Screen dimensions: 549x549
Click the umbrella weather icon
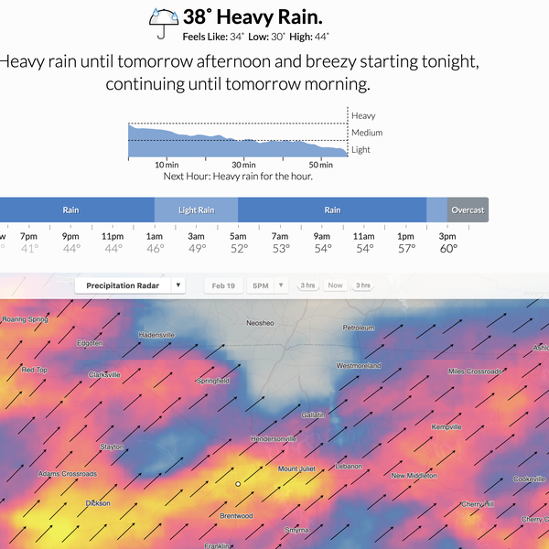pyautogui.click(x=165, y=22)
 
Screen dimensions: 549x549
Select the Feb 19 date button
pyautogui.click(x=223, y=285)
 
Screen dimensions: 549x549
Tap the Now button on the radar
pyautogui.click(x=335, y=285)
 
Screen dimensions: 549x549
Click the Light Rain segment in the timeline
pyautogui.click(x=196, y=210)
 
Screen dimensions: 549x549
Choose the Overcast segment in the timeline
pyautogui.click(x=468, y=210)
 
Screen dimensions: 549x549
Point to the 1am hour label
pyautogui.click(x=155, y=235)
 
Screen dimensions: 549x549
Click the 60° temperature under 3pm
pyautogui.click(x=448, y=248)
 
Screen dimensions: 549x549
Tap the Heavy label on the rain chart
pyautogui.click(x=363, y=116)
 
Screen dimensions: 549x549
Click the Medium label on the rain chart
pyautogui.click(x=367, y=133)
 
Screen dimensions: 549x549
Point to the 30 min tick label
pyautogui.click(x=242, y=165)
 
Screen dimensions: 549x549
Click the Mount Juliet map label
pyautogui.click(x=296, y=468)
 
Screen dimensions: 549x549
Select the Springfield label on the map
pyautogui.click(x=212, y=380)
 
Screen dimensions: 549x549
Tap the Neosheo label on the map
pyautogui.click(x=260, y=323)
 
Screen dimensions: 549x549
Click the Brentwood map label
pyautogui.click(x=236, y=515)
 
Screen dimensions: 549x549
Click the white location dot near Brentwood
pyautogui.click(x=237, y=483)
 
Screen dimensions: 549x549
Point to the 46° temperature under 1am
pyautogui.click(x=155, y=248)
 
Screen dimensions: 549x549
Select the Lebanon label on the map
pyautogui.click(x=349, y=467)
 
